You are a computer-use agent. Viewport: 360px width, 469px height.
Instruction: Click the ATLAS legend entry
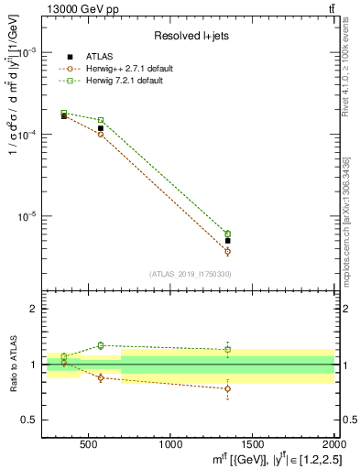(x=98, y=57)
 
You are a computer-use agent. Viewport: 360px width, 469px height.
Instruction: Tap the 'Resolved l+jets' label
(x=191, y=36)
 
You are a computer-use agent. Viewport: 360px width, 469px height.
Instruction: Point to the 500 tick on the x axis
(x=89, y=446)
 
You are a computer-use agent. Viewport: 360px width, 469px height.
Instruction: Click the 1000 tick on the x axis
(x=170, y=446)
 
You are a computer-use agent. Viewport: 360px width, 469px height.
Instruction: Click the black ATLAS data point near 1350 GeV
(x=227, y=241)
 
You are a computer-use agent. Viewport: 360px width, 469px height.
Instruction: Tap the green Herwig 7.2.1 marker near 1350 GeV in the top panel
(x=227, y=234)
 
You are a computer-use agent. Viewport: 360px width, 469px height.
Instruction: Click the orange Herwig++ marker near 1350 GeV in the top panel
(x=227, y=251)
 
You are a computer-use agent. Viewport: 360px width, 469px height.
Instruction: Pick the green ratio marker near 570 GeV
(x=101, y=345)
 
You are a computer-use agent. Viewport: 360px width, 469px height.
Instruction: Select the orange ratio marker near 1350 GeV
(x=227, y=388)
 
